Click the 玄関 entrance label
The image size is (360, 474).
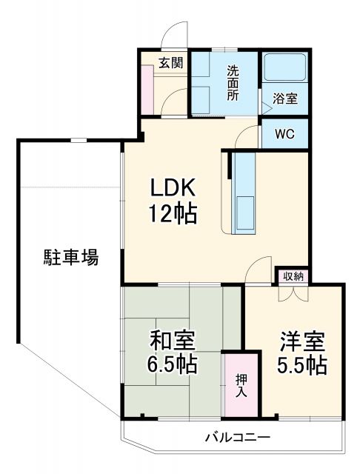click(x=170, y=63)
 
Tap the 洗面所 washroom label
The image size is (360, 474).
click(x=233, y=84)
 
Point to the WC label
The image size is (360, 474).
click(x=284, y=134)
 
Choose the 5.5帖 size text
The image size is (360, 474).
click(x=302, y=365)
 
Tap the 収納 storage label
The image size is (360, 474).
click(x=292, y=276)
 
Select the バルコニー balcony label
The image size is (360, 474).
click(x=237, y=436)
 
